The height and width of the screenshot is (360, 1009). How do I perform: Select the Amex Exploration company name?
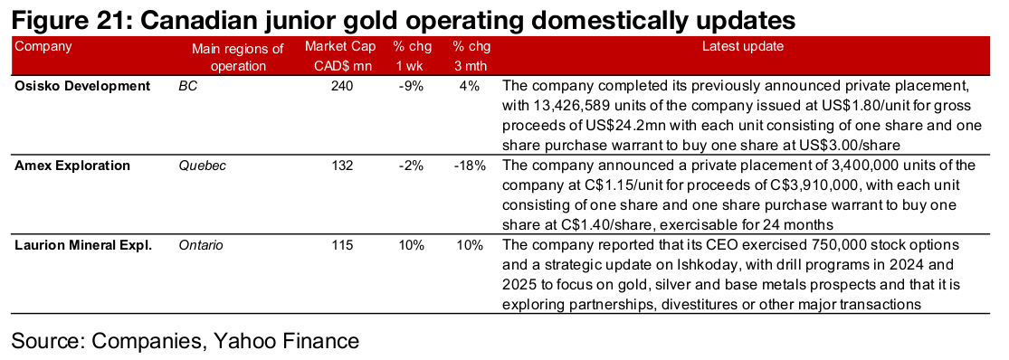72,166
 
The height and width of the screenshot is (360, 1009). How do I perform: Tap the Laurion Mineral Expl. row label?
83,245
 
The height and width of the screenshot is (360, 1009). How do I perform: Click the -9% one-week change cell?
411,86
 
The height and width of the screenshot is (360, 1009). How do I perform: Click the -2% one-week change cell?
411,166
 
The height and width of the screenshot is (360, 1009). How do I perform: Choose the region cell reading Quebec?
203,166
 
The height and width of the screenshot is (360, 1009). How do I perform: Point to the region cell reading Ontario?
202,245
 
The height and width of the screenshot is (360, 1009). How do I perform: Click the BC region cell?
188,86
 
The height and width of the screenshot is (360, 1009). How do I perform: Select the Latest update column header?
743,46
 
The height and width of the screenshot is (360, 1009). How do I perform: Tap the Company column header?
43,46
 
